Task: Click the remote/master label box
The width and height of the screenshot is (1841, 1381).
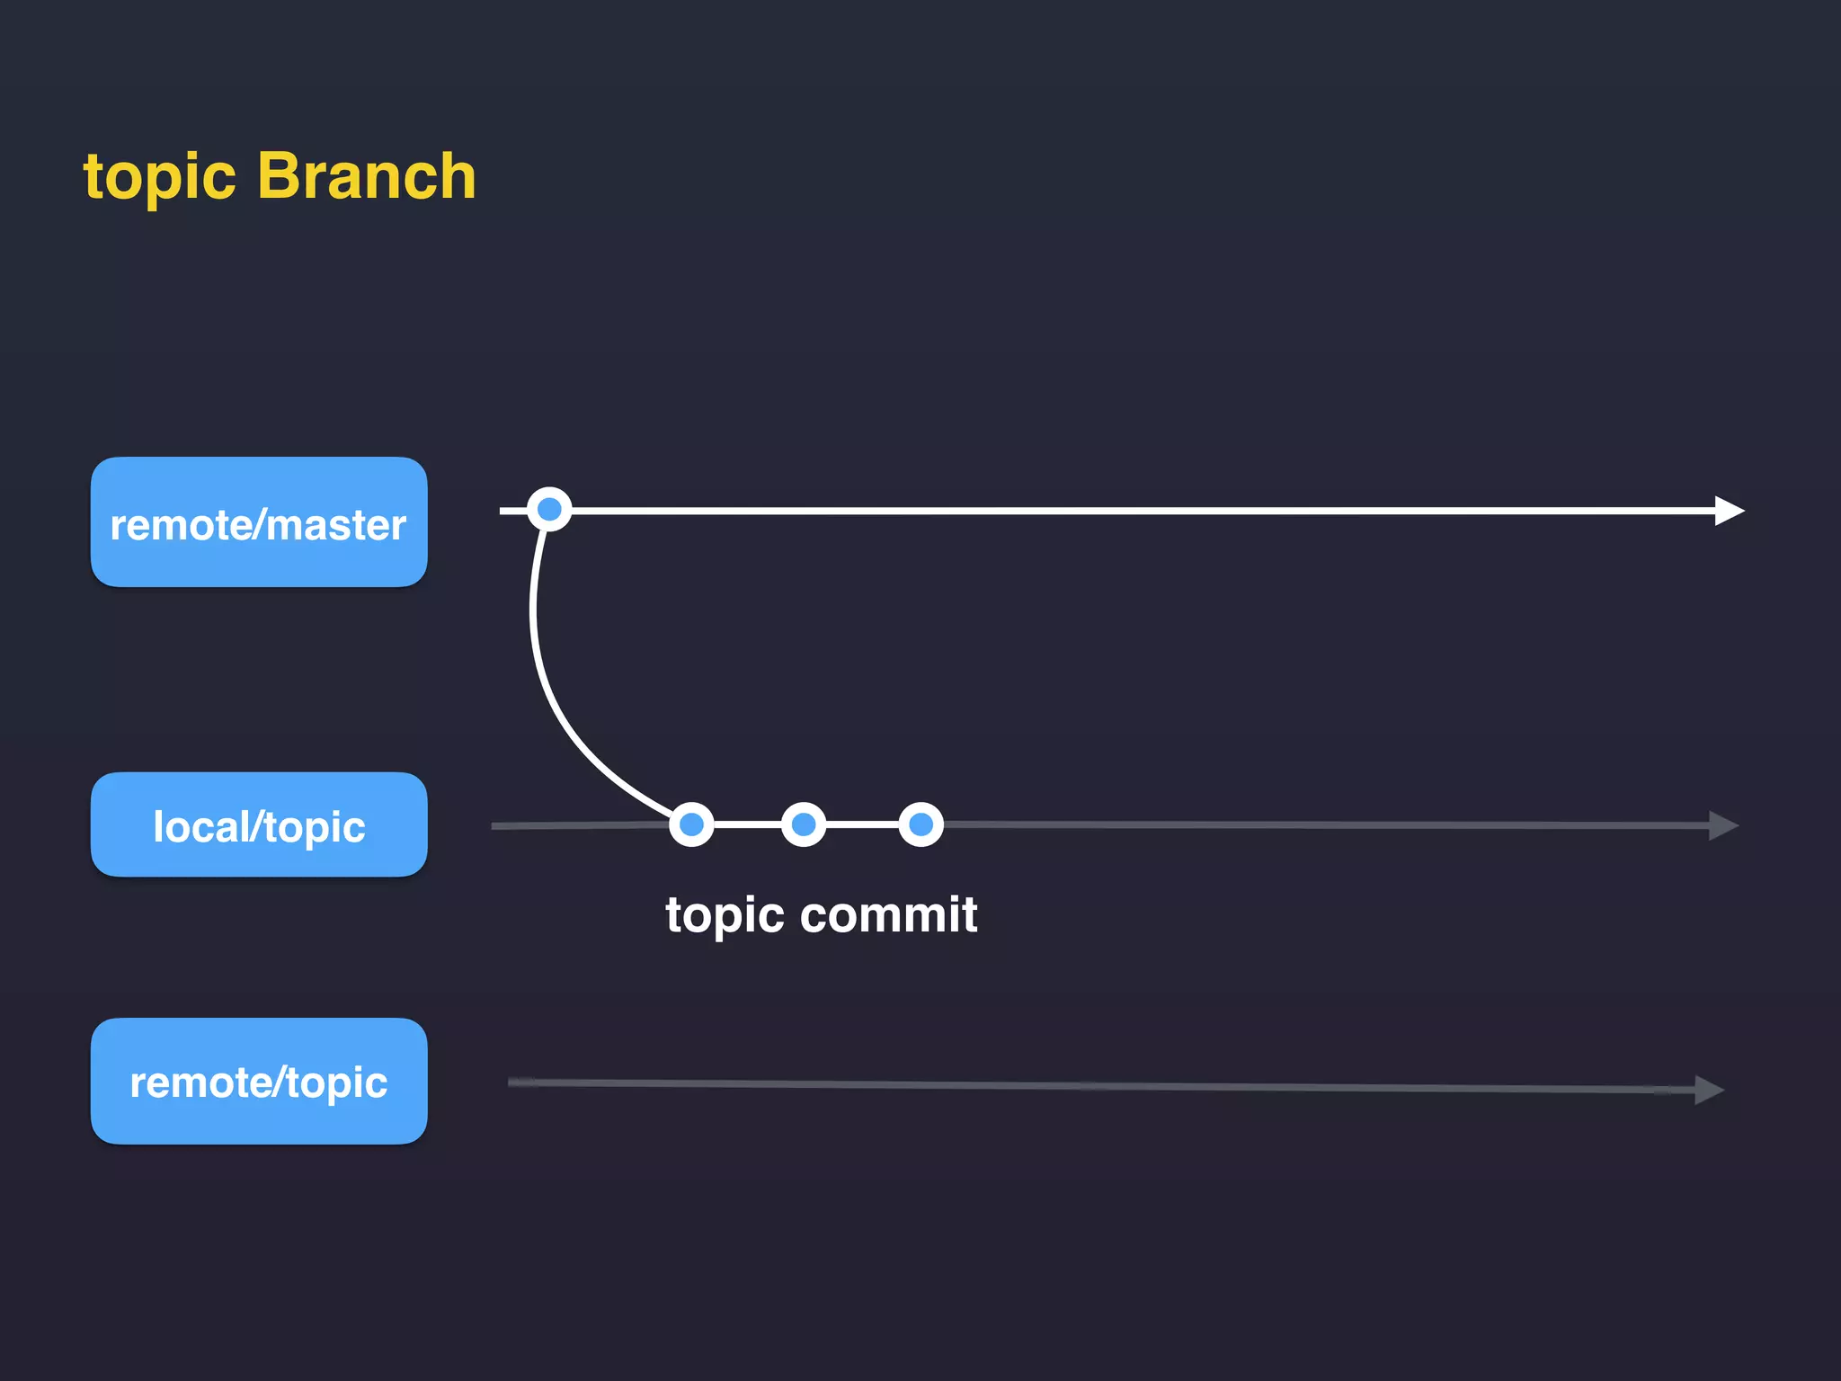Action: tap(259, 522)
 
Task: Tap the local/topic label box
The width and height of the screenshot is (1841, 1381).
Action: tap(259, 824)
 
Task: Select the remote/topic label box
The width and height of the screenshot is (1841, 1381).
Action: tap(259, 1081)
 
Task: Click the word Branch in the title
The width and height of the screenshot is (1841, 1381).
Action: tap(367, 176)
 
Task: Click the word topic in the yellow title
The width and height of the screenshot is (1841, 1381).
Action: tap(159, 178)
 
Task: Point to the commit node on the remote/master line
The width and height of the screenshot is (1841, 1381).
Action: tap(549, 510)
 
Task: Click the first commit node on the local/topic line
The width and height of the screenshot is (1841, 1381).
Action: tap(691, 824)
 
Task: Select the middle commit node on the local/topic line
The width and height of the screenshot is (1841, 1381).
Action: tap(804, 824)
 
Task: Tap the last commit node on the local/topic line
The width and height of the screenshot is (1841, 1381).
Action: tap(920, 824)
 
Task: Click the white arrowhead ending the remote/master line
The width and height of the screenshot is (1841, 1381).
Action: tap(1727, 511)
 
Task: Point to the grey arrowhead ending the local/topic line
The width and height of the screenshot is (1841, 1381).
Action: tap(1721, 825)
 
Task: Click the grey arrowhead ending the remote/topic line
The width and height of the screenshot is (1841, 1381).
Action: tap(1707, 1090)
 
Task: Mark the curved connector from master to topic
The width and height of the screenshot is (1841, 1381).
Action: tap(545, 683)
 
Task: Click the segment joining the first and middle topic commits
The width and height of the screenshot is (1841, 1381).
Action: tap(747, 824)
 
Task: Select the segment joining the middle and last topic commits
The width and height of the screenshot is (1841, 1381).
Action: tap(862, 824)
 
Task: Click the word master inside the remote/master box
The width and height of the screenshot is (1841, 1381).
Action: tap(336, 525)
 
